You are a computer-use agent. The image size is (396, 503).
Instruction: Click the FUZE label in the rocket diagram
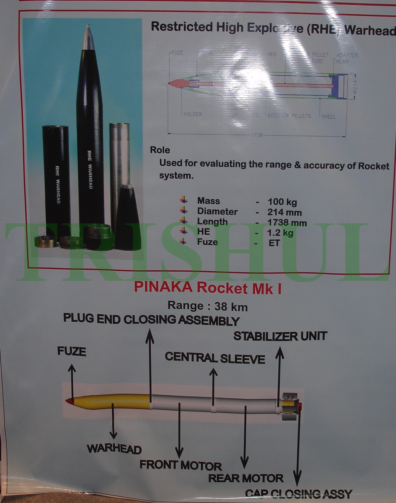71,351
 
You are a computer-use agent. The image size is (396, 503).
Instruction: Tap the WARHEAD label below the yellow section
114,449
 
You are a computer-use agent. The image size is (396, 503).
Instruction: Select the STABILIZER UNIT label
280,336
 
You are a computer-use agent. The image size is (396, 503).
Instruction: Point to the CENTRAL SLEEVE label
215,358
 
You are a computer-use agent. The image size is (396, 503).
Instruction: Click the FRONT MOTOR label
181,465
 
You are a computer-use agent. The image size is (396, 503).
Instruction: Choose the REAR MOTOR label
246,478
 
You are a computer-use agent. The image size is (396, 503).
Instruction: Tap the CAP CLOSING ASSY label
298,494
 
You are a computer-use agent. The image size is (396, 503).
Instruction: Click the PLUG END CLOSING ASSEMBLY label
151,319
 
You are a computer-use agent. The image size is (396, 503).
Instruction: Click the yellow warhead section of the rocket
113,402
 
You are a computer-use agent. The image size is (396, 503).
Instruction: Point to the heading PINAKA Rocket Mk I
208,288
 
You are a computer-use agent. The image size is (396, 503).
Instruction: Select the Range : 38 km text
207,306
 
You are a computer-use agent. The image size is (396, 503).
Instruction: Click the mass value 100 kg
282,202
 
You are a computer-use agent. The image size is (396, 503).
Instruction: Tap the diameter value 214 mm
284,212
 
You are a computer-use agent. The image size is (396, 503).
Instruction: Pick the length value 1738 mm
287,223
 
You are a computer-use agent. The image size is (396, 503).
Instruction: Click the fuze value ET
274,243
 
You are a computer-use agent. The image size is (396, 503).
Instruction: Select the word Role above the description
160,150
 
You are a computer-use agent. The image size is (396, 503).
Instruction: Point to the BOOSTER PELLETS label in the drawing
289,116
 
